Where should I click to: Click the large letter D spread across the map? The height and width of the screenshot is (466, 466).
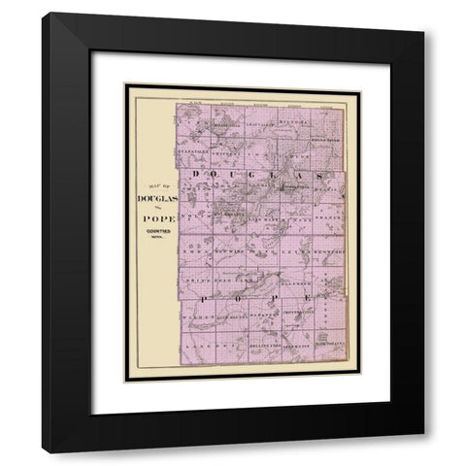(x=196, y=174)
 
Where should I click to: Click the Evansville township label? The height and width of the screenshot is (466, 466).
(x=193, y=151)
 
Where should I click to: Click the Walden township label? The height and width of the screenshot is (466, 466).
(x=194, y=316)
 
